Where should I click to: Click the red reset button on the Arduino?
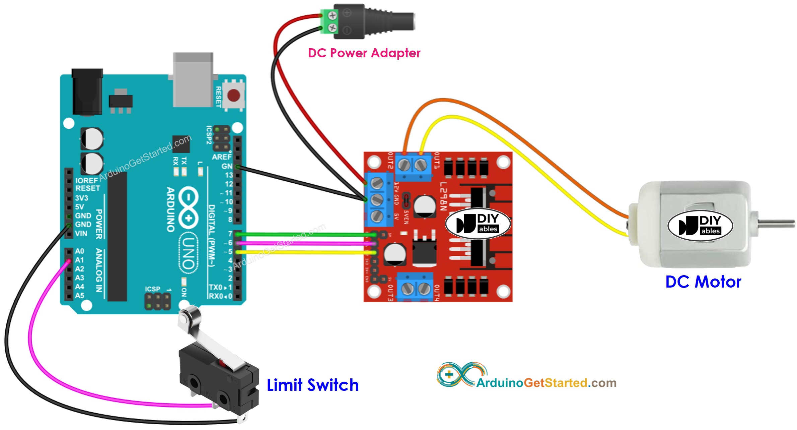(233, 96)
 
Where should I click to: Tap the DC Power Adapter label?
(364, 53)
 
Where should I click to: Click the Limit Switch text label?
(312, 385)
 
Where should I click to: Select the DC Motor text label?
(703, 282)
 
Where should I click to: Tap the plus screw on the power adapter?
(332, 15)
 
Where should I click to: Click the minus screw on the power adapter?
(332, 28)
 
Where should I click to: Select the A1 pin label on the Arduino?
(80, 260)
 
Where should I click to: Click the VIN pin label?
(81, 233)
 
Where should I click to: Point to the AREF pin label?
(221, 157)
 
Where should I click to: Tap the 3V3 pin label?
(81, 198)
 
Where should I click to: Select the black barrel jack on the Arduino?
(87, 92)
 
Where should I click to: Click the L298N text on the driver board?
(443, 196)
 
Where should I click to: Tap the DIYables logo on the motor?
(700, 226)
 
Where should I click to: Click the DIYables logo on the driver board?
(478, 224)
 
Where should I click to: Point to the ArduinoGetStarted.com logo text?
(546, 383)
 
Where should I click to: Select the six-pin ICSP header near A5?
(157, 301)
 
